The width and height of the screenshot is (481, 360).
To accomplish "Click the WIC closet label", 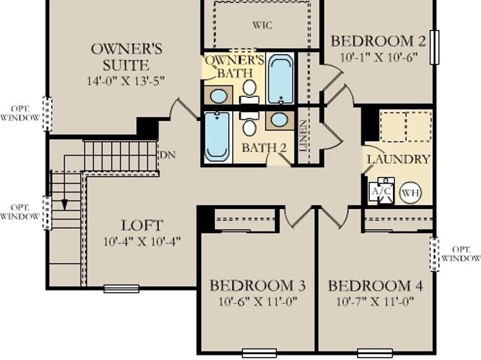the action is click(262, 25).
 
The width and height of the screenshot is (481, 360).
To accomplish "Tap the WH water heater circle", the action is click(410, 193).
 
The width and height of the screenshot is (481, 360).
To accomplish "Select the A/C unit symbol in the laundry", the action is click(381, 192).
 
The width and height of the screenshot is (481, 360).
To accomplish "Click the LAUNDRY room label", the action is click(398, 159).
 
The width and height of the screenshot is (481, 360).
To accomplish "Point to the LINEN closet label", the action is click(303, 136).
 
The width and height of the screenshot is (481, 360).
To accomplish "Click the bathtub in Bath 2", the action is click(217, 137).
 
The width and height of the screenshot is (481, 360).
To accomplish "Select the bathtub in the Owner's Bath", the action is click(280, 79).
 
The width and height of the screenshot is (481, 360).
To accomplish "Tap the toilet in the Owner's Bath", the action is click(250, 92).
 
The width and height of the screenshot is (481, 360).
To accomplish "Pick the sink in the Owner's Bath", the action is click(219, 96).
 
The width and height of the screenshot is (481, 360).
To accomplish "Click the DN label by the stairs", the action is click(168, 155).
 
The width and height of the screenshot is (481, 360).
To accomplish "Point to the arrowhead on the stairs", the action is click(65, 205).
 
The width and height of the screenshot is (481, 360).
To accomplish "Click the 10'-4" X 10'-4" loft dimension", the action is click(142, 241).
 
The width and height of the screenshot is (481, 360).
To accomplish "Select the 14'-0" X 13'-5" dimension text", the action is click(126, 81).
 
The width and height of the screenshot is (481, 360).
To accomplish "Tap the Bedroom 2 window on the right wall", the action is click(434, 47).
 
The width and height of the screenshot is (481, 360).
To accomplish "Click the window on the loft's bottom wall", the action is click(122, 289).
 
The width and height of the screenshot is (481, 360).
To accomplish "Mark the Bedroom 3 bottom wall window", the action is click(259, 352).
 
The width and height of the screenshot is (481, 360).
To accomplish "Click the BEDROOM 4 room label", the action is click(376, 286).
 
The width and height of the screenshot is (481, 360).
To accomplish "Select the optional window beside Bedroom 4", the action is click(434, 254).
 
